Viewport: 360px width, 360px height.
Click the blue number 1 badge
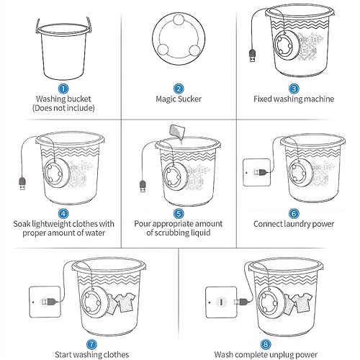click(x=63, y=89)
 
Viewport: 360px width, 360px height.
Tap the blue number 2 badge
click(x=179, y=89)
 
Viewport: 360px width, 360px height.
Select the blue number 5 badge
click(x=179, y=214)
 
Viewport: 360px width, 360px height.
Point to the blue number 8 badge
click(x=266, y=344)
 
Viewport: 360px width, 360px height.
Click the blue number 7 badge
click(x=91, y=344)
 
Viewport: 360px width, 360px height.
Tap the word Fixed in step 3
click(x=263, y=99)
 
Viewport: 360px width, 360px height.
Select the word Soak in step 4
click(x=22, y=224)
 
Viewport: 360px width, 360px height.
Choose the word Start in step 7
click(x=63, y=354)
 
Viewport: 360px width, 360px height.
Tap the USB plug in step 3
click(x=253, y=55)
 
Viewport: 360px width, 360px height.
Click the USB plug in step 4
click(x=22, y=184)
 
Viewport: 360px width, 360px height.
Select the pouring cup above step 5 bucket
click(x=177, y=132)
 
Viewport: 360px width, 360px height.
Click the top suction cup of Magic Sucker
click(x=179, y=20)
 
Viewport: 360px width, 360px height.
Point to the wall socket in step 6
click(x=256, y=172)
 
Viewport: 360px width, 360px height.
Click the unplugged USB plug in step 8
click(x=241, y=302)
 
